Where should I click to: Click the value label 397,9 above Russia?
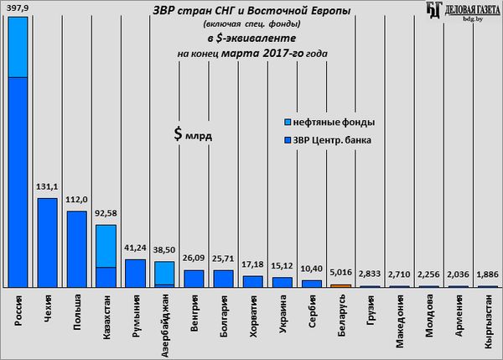point(18,8)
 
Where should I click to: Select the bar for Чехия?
point(48,243)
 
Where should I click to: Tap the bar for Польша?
point(76,248)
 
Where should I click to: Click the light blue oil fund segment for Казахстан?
point(106,245)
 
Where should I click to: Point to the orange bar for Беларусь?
point(340,285)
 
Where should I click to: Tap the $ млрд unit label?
point(193,133)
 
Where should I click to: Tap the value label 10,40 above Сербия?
point(311,269)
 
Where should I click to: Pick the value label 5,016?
point(340,274)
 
